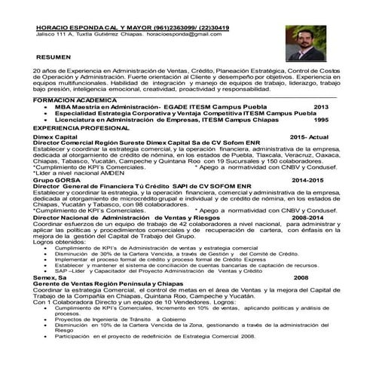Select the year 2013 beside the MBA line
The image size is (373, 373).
tap(321, 107)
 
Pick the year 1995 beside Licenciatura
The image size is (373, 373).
tap(321, 120)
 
